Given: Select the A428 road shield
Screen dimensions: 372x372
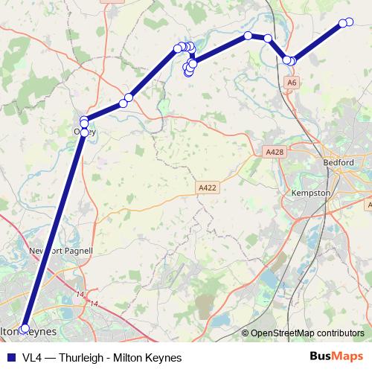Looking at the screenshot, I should click(275, 152).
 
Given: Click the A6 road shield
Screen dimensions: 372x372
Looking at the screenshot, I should click(292, 81).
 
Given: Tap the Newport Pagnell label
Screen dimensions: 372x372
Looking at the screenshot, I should click(60, 251).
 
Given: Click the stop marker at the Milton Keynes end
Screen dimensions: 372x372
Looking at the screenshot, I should click(25, 328).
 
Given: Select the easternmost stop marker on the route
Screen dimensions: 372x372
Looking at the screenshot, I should click(349, 22).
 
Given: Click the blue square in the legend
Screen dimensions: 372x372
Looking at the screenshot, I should click(10, 357).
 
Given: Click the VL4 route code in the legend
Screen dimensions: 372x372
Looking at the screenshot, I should click(32, 357).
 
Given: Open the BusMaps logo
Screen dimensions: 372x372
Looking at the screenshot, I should click(337, 356).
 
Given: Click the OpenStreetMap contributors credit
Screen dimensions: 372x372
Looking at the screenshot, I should click(307, 333).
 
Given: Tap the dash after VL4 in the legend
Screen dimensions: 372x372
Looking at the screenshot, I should click(49, 357).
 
